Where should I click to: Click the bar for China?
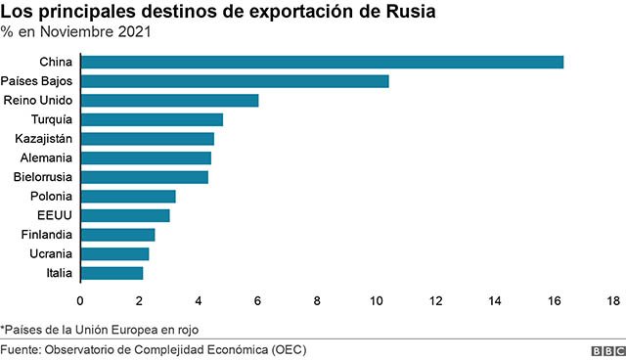click(322, 63)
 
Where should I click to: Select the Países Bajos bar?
click(235, 81)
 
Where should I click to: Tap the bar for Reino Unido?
click(169, 101)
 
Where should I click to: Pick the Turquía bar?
click(153, 119)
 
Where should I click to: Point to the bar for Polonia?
click(128, 197)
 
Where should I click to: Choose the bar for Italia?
click(112, 273)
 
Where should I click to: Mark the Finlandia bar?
click(117, 235)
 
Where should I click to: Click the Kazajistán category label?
click(43, 139)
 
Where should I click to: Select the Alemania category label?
click(46, 158)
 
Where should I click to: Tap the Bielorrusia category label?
click(43, 177)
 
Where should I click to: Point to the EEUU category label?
click(55, 215)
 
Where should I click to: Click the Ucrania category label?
click(51, 253)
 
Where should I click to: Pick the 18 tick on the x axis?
click(613, 301)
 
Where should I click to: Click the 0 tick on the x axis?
click(80, 301)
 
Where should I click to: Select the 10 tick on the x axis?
click(376, 301)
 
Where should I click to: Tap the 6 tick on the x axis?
click(258, 301)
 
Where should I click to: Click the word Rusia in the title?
click(411, 12)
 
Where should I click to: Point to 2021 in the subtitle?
click(134, 32)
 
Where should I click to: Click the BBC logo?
click(608, 351)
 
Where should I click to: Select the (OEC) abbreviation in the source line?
click(289, 350)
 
